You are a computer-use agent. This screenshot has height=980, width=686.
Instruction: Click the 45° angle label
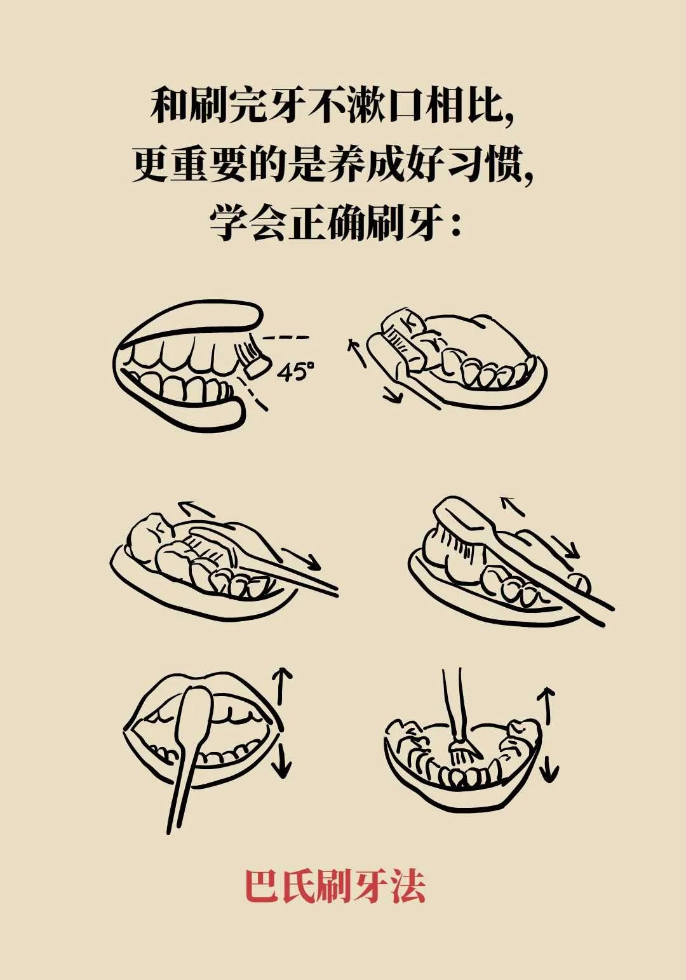296,372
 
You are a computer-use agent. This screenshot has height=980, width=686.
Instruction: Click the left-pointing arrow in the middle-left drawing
195,509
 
